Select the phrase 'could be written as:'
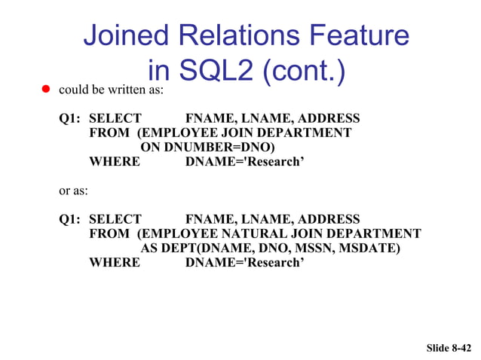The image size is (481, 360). (111, 90)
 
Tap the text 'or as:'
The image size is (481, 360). (73, 191)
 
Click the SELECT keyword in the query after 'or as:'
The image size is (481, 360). (115, 219)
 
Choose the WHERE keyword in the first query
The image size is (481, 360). (114, 161)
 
